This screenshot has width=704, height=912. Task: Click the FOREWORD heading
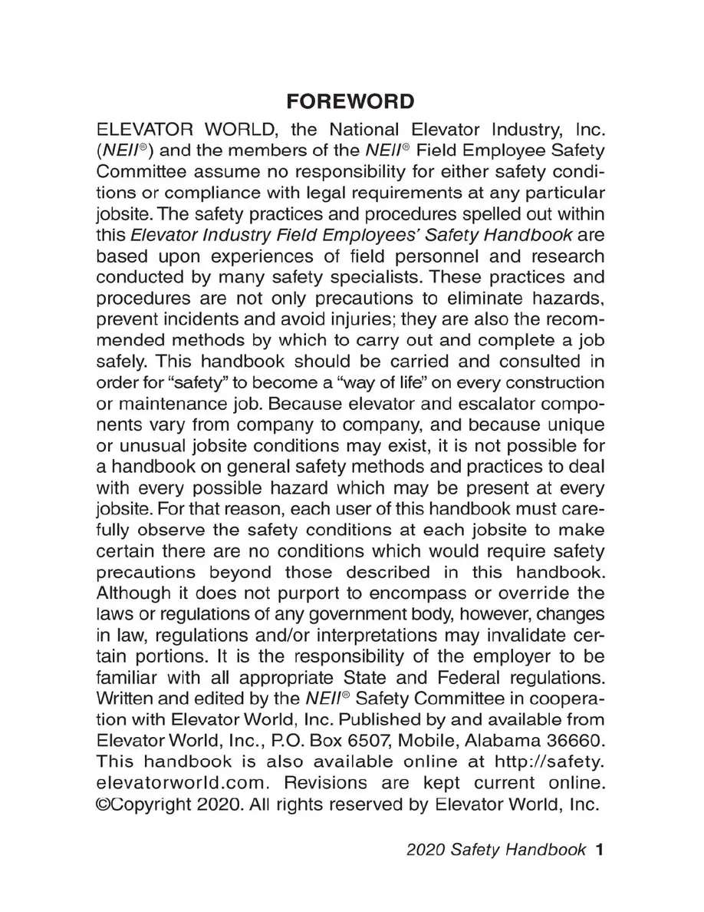coord(351,102)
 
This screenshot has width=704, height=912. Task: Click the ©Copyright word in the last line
coord(148,805)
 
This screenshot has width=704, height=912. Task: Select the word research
coord(564,256)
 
